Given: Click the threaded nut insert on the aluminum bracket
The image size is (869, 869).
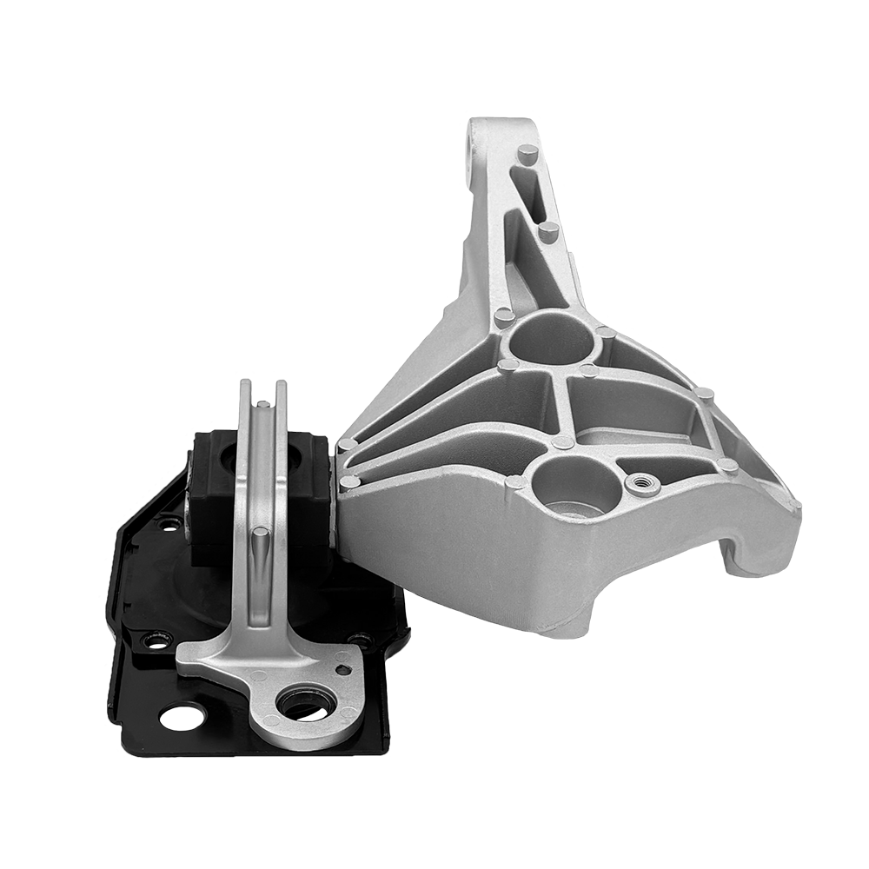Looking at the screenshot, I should tap(643, 483).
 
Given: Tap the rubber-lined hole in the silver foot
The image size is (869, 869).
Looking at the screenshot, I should tap(305, 701).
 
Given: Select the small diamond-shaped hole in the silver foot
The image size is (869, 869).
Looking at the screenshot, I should tap(345, 669).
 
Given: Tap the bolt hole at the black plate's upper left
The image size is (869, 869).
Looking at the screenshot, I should tap(170, 523).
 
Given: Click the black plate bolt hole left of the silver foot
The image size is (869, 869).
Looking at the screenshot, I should tap(156, 641).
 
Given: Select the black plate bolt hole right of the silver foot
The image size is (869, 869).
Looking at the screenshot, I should tap(360, 641).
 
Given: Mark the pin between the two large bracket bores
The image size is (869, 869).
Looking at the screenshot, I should tap(563, 441).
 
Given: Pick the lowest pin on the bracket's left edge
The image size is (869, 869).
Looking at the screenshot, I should tap(351, 482).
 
